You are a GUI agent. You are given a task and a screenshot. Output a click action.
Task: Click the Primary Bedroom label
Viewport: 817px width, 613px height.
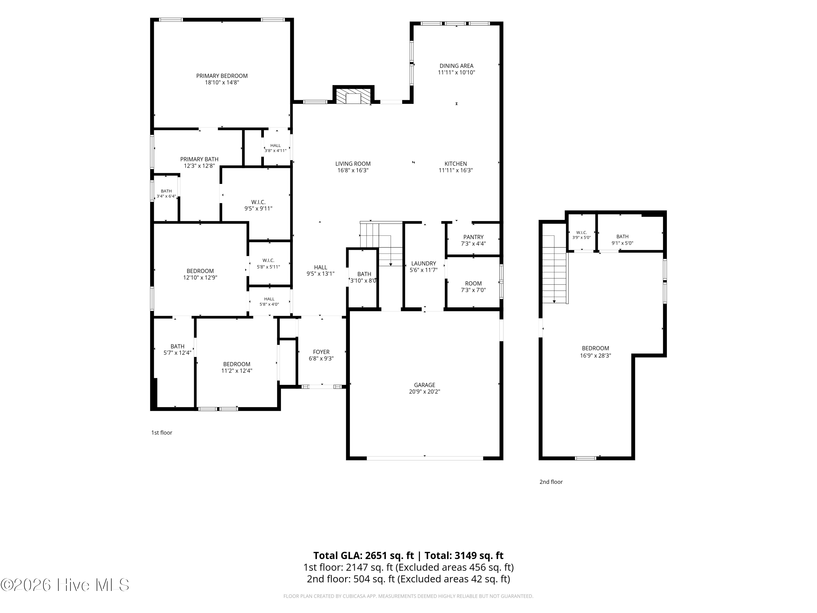[222, 76]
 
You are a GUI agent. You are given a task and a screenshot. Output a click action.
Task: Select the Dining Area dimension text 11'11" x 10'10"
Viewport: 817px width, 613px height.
[456, 73]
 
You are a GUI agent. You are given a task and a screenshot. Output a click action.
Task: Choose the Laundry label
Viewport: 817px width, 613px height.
[424, 263]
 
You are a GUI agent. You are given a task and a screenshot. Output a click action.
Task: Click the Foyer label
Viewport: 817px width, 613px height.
[321, 352]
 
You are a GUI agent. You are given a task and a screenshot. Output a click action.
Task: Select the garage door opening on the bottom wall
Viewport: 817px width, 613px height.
[425, 458]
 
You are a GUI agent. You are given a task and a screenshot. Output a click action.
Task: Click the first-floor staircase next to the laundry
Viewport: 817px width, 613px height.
[381, 244]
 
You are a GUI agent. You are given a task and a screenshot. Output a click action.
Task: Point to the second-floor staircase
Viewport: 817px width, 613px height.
[555, 269]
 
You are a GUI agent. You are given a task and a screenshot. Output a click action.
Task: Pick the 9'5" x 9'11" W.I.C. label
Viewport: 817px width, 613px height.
[258, 205]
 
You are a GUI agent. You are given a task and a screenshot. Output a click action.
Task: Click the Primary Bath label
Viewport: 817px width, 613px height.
[199, 159]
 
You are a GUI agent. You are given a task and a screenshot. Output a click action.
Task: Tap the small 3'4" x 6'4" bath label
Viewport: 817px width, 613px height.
[166, 194]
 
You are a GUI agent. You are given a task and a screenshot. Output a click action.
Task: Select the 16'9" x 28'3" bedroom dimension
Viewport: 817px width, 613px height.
[595, 356]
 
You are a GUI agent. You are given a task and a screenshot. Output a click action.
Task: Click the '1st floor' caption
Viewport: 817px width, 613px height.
[162, 433]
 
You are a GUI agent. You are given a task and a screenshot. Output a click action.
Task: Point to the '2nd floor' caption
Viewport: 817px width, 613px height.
[551, 482]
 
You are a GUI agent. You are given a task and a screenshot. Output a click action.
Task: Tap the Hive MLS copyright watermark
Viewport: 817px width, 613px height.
[65, 585]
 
